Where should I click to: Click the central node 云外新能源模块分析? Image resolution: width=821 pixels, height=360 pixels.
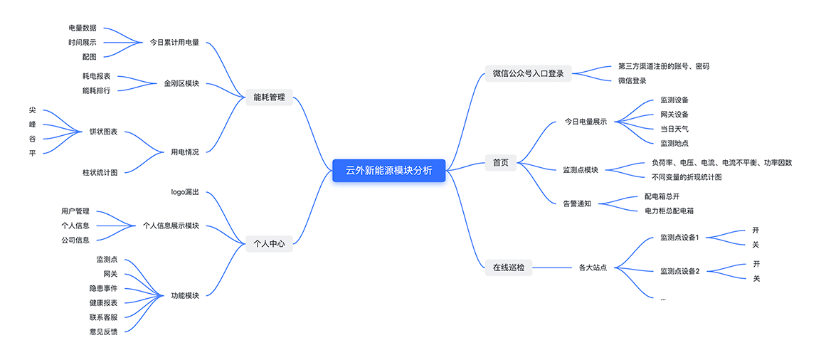pyautogui.click(x=388, y=170)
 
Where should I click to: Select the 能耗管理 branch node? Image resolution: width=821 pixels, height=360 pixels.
pyautogui.click(x=269, y=97)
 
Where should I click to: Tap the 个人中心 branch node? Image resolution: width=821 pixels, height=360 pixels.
pyautogui.click(x=269, y=244)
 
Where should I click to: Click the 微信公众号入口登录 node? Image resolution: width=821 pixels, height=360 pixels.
pyautogui.click(x=528, y=73)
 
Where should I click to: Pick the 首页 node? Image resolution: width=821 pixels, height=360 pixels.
pyautogui.click(x=501, y=163)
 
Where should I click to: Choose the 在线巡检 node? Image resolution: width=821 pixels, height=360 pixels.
pyautogui.click(x=508, y=268)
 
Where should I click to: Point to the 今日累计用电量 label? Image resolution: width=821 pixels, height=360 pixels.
pyautogui.click(x=174, y=42)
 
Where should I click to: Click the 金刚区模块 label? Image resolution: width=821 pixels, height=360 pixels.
pyautogui.click(x=181, y=83)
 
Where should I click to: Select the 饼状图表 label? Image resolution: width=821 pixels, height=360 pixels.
pyautogui.click(x=103, y=132)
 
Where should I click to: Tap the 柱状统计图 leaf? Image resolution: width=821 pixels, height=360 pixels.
pyautogui.click(x=100, y=173)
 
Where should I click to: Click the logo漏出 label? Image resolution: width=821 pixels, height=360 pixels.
pyautogui.click(x=185, y=192)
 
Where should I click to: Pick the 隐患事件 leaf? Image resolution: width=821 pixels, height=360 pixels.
pyautogui.click(x=103, y=288)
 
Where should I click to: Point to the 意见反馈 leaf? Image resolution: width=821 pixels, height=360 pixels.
pyautogui.click(x=103, y=331)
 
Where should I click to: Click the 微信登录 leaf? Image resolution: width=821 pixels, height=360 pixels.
pyautogui.click(x=632, y=80)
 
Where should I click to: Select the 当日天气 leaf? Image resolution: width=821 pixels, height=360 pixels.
pyautogui.click(x=674, y=129)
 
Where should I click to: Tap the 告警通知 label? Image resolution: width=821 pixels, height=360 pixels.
pyautogui.click(x=576, y=203)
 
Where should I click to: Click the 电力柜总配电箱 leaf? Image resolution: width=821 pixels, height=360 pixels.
pyautogui.click(x=669, y=211)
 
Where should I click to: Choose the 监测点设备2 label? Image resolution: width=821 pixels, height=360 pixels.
pyautogui.click(x=679, y=271)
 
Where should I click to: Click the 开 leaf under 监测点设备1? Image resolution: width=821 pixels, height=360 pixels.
pyautogui.click(x=756, y=231)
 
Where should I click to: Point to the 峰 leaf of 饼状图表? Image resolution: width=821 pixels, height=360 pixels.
pyautogui.click(x=32, y=125)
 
